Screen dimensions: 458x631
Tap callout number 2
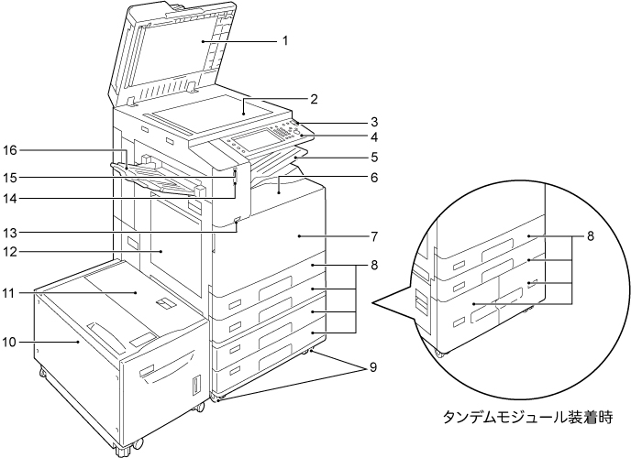click(x=313, y=98)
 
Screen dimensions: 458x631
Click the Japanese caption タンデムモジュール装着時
click(x=525, y=416)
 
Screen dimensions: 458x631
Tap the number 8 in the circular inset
click(x=592, y=234)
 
